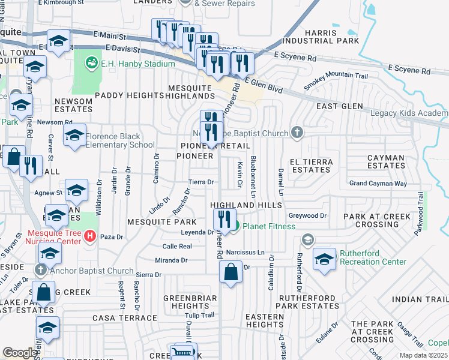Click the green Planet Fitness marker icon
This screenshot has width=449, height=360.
[236, 226]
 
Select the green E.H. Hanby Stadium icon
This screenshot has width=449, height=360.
[91, 61]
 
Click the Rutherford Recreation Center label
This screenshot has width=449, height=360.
[373, 257]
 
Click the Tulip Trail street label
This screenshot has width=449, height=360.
[199, 315]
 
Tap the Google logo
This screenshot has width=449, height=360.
[20, 353]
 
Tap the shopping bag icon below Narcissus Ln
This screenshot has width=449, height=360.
[231, 274]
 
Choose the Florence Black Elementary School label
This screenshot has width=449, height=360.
[120, 140]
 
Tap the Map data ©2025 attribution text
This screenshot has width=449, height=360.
[423, 355]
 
